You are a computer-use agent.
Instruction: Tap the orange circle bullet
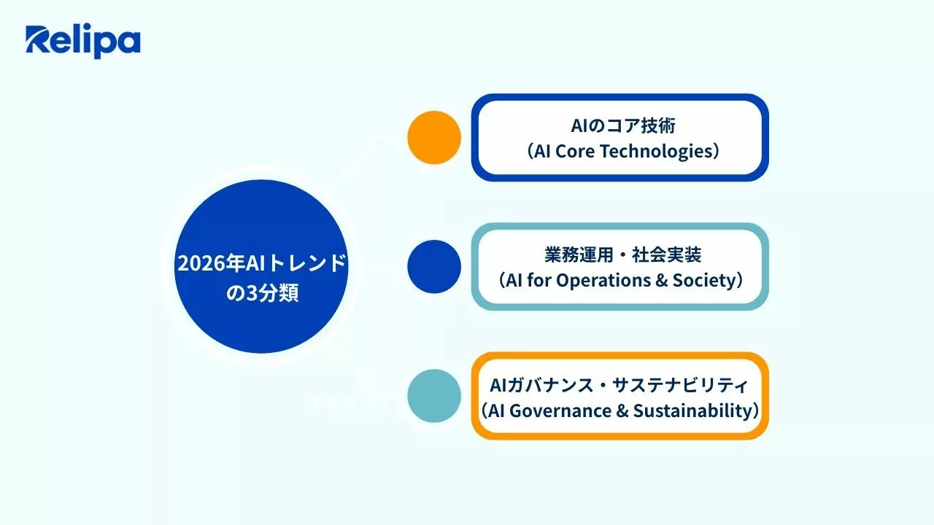pos(434,137)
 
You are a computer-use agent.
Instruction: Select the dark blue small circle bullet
pos(434,267)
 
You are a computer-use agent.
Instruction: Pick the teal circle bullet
pos(434,396)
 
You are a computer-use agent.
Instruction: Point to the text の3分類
pos(262,295)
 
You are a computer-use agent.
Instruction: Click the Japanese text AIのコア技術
pos(623,125)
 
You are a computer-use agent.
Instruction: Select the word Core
pos(587,151)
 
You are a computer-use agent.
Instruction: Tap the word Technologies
pos(663,151)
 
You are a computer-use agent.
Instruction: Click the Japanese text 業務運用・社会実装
pos(623,254)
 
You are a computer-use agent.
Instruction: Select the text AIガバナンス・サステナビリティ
pos(619,384)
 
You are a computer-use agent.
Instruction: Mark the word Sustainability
pos(692,410)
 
